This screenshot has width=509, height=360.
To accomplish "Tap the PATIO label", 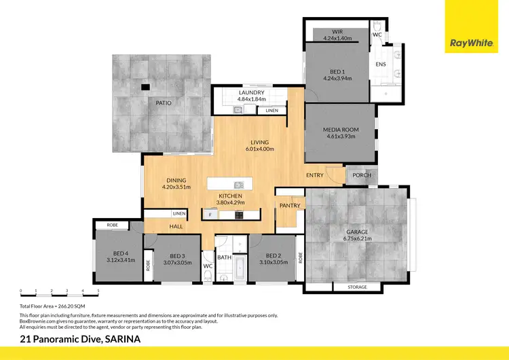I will pos(163,103).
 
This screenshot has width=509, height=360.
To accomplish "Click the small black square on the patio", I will pos(145,87).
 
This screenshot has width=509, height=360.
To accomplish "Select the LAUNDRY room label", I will pos(251,92).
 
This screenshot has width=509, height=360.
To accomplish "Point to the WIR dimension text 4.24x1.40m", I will pos(337,38).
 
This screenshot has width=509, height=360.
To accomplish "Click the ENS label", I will pos(381,65).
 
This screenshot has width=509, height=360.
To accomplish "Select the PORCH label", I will pos(362,175).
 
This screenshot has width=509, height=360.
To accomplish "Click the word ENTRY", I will pos(315,175).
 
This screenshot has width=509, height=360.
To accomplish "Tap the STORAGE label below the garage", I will pos(357,287).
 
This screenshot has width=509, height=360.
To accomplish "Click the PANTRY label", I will pos(290,204).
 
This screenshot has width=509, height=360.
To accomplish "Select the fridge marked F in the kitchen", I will pos(210,215).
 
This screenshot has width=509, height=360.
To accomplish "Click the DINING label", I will pos(176,180).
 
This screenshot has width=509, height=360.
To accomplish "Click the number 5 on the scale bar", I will pos(98,291).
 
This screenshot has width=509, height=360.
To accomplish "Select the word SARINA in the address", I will pos(119,338).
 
